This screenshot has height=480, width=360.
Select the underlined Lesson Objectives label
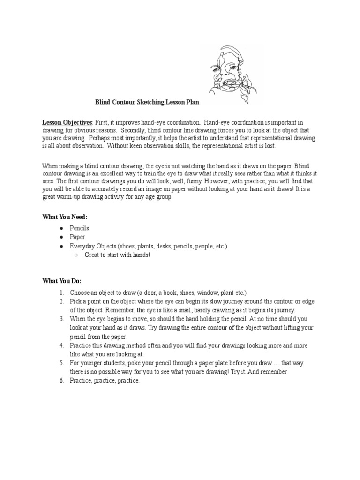coord(67,122)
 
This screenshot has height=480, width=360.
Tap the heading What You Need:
coord(65,217)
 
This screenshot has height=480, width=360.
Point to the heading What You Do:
coord(62,281)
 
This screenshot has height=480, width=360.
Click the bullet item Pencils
coord(79,228)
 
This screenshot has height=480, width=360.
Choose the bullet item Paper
coord(77,237)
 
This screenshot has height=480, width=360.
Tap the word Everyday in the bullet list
coord(82,246)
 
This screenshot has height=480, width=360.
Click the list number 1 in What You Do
coord(61,292)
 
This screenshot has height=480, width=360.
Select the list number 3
coord(61,319)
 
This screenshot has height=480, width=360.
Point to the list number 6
coord(61,381)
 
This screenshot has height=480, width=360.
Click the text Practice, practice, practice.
coord(105,381)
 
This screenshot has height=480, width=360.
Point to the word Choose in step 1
coord(80,292)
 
